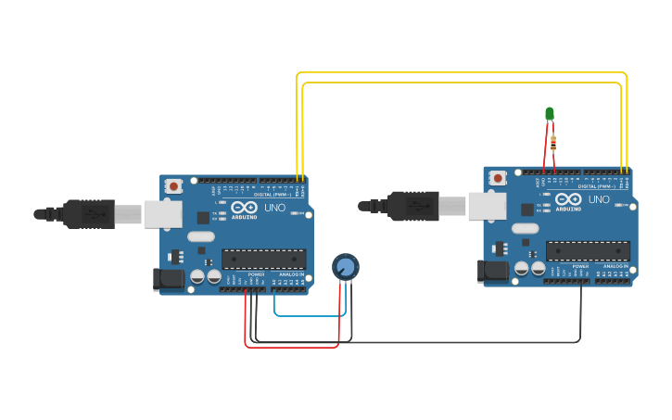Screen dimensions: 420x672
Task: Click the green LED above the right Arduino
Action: pos(549,113)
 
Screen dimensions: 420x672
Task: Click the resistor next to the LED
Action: pos(553,143)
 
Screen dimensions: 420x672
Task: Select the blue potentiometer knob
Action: pos(345,267)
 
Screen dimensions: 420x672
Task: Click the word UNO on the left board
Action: pos(275,208)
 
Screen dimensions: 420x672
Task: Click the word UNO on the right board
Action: pos(600,199)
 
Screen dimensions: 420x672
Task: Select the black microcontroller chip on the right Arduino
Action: pos(588,250)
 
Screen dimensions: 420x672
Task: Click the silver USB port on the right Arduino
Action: pos(487,206)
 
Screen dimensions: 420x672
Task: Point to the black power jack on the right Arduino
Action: pos(493,270)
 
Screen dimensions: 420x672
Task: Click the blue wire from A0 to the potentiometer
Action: pos(311,315)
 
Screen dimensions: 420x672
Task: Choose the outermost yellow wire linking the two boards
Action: pos(463,73)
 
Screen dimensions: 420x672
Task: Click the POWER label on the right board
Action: pos(580,266)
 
